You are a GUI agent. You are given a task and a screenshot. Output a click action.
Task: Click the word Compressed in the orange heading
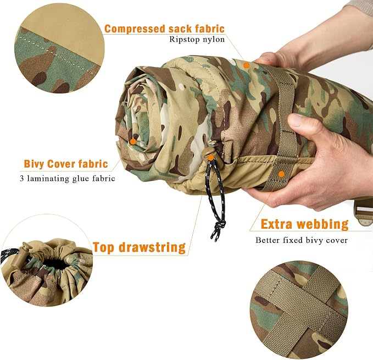point(135,29)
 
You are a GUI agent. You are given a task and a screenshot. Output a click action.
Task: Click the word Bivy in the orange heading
point(34,164)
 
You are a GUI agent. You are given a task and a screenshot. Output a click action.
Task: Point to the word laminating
point(48,178)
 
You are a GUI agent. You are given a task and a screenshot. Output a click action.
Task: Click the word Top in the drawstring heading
point(103,248)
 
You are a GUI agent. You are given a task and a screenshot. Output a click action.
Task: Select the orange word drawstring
point(152,247)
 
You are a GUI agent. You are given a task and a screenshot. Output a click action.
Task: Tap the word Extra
point(276,224)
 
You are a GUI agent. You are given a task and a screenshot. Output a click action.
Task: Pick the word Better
point(268,240)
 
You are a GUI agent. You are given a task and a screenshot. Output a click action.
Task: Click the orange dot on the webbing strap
point(281,174)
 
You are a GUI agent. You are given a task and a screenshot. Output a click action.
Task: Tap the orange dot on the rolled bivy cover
point(133,142)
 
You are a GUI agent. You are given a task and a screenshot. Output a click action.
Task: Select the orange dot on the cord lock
point(210,158)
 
